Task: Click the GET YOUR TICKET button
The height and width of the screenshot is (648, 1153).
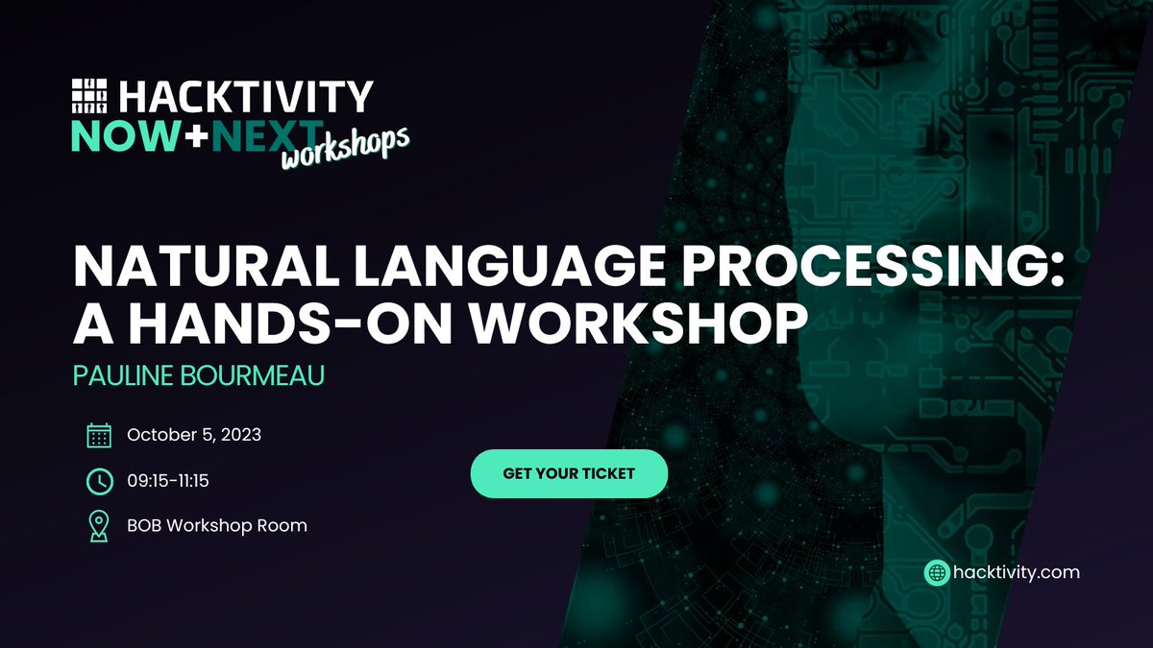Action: (x=569, y=473)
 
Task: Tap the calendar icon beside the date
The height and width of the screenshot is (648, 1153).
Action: (x=99, y=435)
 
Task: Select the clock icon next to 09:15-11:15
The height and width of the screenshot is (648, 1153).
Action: (x=99, y=480)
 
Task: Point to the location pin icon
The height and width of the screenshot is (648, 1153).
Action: (x=99, y=525)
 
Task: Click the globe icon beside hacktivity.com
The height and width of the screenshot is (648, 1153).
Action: (x=936, y=572)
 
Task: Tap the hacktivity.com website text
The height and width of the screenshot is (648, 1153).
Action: (x=1017, y=572)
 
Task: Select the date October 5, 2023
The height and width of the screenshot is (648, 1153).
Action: (x=194, y=435)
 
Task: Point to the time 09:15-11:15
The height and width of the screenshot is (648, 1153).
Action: (x=182, y=480)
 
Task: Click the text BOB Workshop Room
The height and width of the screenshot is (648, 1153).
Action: (x=217, y=525)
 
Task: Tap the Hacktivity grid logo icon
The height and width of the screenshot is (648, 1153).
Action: (x=91, y=97)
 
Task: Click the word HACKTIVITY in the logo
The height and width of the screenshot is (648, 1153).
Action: (x=245, y=97)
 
